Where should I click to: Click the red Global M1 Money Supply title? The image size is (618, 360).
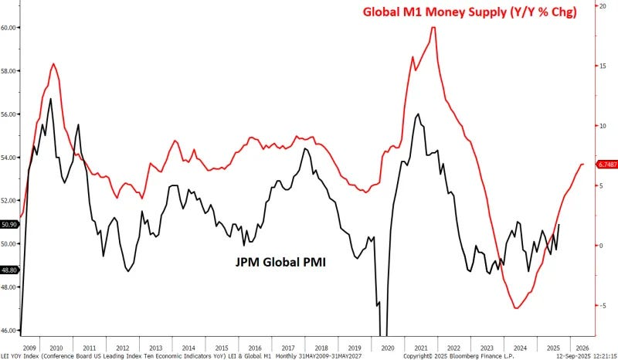480,12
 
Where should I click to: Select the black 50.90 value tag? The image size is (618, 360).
9,225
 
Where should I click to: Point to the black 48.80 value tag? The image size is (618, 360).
9,270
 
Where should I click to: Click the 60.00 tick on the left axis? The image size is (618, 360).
9,28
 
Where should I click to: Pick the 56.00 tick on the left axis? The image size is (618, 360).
9,114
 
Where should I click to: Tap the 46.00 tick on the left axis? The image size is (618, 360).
9,331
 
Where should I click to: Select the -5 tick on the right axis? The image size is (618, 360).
600,305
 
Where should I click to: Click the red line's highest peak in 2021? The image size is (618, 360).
433,28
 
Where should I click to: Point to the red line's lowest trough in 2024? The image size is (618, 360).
517,308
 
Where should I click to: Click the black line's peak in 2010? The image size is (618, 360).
51,99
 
